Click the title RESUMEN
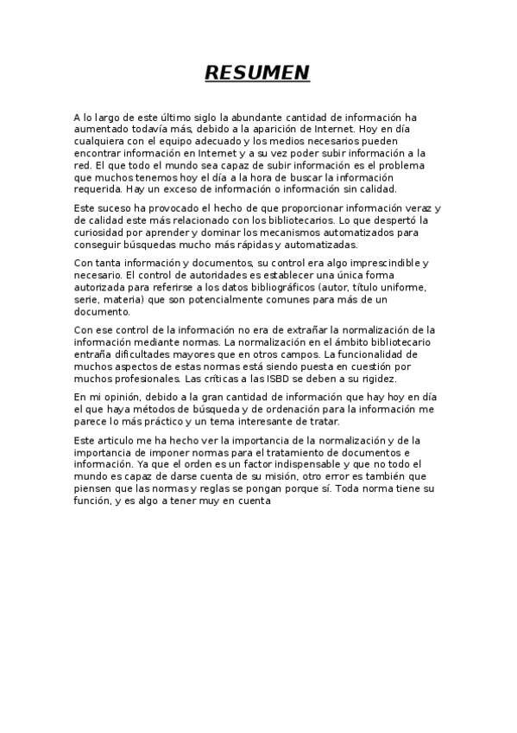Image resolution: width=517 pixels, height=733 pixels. coord(257,73)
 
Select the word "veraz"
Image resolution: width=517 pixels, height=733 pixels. coord(412,208)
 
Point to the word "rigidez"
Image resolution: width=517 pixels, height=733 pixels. coord(374,379)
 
